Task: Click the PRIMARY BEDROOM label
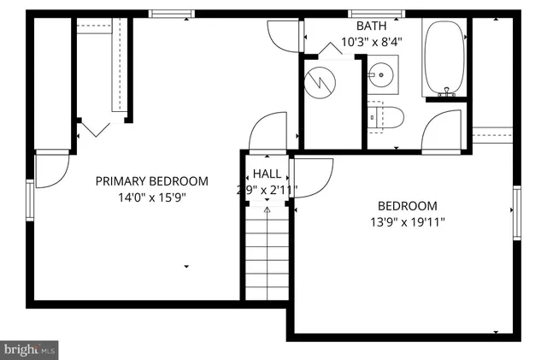click(x=151, y=181)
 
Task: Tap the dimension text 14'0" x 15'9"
click(x=151, y=197)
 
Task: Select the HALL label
click(x=267, y=174)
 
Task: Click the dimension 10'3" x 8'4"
click(x=371, y=42)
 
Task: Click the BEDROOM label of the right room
click(x=407, y=206)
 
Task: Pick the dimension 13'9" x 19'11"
click(x=407, y=222)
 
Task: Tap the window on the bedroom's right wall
click(x=516, y=213)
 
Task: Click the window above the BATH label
click(x=364, y=13)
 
